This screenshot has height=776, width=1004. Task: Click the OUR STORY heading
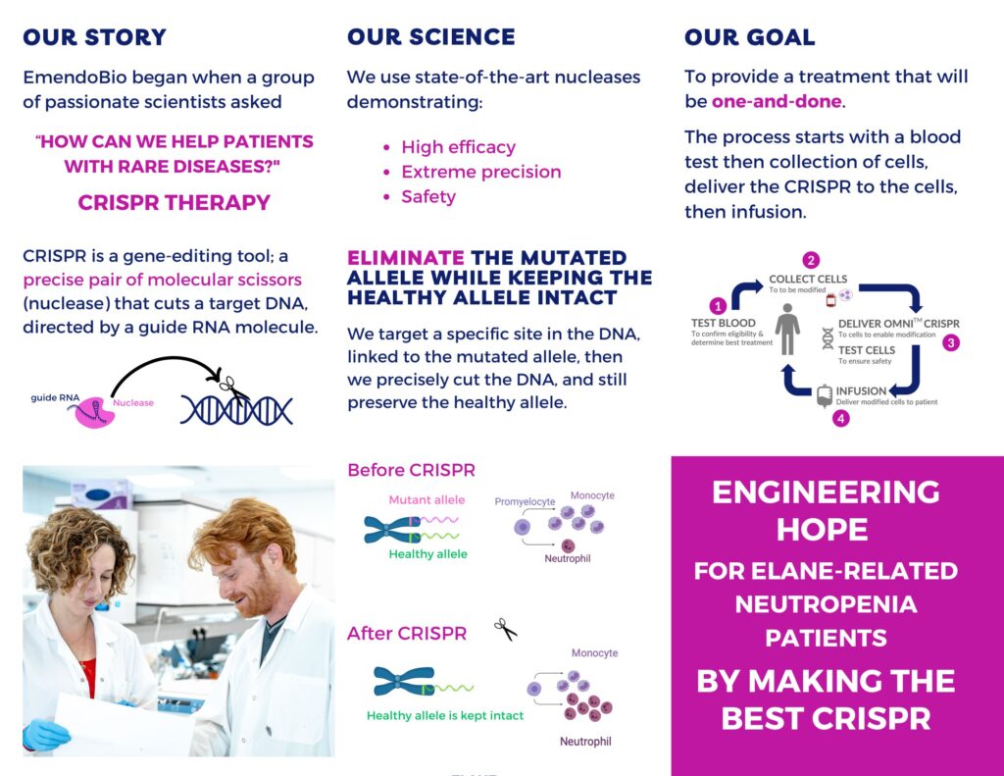click(94, 37)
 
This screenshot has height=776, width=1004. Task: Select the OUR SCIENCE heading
click(431, 37)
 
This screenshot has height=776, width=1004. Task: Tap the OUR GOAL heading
click(750, 37)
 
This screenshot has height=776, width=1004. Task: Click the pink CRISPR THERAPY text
click(175, 202)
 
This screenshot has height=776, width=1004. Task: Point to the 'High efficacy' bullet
click(459, 147)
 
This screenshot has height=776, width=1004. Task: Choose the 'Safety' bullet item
click(428, 197)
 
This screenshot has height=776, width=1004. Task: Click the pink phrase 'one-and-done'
click(777, 101)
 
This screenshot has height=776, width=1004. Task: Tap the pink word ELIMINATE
click(406, 258)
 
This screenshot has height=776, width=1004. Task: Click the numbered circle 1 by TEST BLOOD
click(718, 306)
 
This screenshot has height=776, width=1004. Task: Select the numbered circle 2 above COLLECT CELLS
click(811, 260)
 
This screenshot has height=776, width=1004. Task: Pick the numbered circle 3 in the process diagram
click(951, 342)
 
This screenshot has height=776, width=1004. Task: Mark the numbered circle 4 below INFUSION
click(840, 419)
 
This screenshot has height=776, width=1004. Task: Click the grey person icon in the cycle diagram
click(787, 329)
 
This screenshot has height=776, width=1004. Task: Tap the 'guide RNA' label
click(55, 397)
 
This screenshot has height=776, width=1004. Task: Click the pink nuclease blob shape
click(95, 412)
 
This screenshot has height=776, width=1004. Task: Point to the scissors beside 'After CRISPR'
click(505, 629)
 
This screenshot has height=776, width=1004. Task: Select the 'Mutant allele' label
click(427, 499)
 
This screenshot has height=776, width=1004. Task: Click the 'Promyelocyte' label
click(525, 501)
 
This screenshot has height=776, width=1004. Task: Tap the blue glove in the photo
click(45, 735)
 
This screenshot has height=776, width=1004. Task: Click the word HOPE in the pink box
click(823, 530)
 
